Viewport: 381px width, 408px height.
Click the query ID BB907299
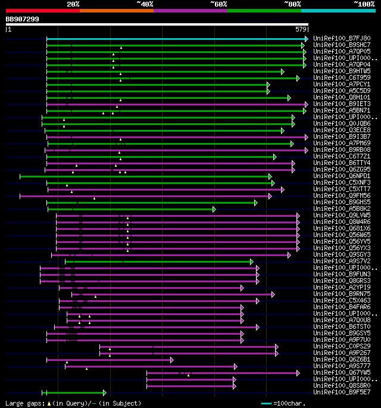(23, 19)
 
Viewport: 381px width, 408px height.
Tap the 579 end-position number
(301, 29)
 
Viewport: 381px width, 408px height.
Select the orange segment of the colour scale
(116, 10)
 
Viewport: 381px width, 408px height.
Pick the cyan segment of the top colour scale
(338, 10)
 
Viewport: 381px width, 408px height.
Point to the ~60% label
(218, 4)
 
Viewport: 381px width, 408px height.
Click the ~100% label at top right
(364, 4)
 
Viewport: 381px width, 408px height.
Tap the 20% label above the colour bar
(73, 4)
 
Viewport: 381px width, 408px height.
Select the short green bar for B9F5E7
(75, 393)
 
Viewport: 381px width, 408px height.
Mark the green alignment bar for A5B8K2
(131, 209)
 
